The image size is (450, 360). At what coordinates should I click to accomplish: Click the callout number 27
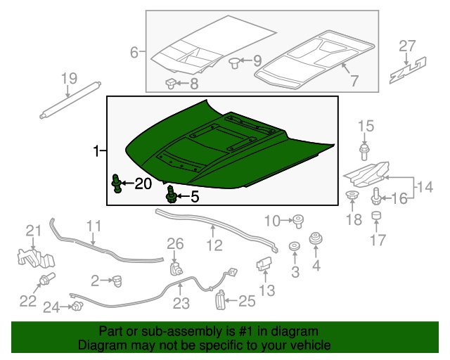[x=407, y=46]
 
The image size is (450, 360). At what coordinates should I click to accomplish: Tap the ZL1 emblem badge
[x=408, y=70]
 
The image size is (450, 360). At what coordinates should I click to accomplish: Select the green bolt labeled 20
[x=116, y=184]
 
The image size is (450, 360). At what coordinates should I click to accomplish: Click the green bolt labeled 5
[x=171, y=195]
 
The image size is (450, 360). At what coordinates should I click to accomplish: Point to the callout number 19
[x=69, y=79]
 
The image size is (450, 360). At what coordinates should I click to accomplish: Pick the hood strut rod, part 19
[x=70, y=100]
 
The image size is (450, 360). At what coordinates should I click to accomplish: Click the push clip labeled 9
[x=234, y=63]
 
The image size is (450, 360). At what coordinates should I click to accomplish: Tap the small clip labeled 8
[x=171, y=83]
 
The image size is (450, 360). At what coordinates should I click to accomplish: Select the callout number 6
[x=134, y=53]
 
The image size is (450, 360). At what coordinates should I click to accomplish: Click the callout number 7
[x=354, y=80]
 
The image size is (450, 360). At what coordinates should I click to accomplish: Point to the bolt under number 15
[x=364, y=153]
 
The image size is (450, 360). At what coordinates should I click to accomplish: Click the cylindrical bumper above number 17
[x=376, y=216]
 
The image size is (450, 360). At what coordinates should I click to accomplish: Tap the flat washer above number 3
[x=295, y=247]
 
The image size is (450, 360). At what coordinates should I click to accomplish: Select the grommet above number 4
[x=316, y=238]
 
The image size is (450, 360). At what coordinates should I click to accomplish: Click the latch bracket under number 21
[x=36, y=259]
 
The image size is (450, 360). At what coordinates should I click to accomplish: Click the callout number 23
[x=181, y=303]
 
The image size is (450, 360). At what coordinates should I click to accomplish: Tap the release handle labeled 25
[x=219, y=300]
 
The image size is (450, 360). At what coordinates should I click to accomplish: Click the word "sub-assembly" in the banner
[x=181, y=332]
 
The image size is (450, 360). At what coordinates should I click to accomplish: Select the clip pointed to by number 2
[x=117, y=281]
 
